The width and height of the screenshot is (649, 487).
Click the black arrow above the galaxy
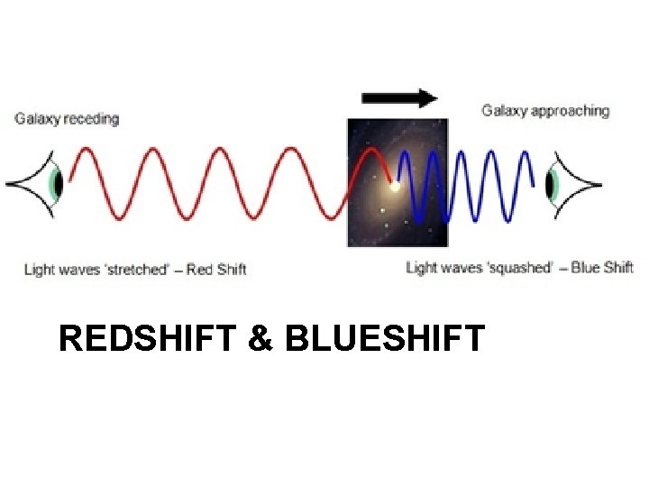click(399, 98)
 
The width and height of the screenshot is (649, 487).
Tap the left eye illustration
click(41, 184)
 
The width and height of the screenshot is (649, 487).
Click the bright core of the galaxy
click(394, 188)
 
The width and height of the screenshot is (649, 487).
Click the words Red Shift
click(216, 269)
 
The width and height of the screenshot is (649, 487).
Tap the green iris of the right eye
click(552, 184)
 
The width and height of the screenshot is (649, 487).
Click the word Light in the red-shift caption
click(39, 269)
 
